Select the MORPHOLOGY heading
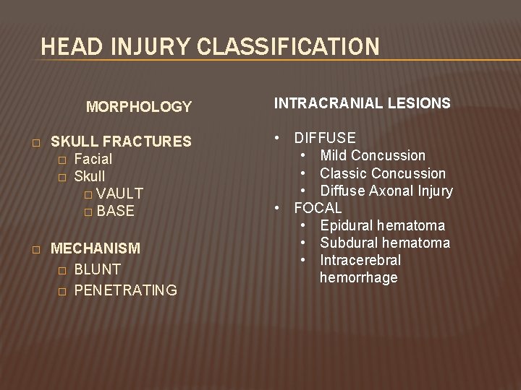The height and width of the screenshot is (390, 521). coord(139,107)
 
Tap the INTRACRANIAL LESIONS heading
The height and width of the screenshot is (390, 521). coord(362,103)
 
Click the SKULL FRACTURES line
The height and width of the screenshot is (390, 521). coord(121,141)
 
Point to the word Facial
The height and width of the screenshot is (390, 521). coord(93,158)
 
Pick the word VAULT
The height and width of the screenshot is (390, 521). coord(119,194)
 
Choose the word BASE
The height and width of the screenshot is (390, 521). coord(115,211)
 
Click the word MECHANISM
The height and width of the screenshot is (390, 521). coord(96,248)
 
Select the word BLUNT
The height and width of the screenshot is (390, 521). coord(98,269)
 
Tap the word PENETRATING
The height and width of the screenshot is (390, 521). coord(126,290)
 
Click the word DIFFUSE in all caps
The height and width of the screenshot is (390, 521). coord(325,138)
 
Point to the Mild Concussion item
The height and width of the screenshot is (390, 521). coord(373,155)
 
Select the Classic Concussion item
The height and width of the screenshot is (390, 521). coord(383,173)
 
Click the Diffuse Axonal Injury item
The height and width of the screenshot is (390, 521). coord(386,191)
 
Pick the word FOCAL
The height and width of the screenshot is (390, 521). coord(318,209)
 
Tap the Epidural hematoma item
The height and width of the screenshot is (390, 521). coord(383,226)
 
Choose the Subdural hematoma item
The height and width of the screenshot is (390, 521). coord(385,243)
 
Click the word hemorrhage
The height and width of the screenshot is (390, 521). coord(358,278)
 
